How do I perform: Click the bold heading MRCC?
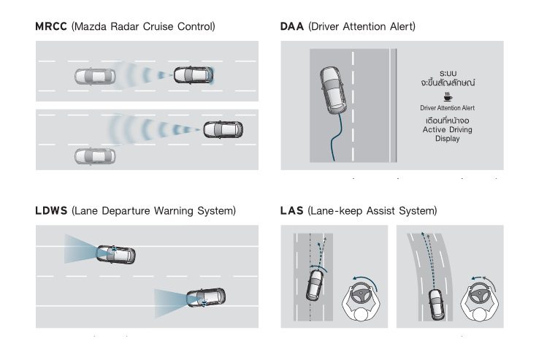click(x=51, y=27)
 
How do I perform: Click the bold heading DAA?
click(x=292, y=27)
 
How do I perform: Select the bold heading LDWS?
click(x=51, y=210)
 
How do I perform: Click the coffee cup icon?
click(x=447, y=96)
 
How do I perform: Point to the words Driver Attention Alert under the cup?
click(x=447, y=107)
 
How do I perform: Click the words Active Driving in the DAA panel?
click(x=447, y=129)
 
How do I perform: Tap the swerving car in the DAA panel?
click(x=334, y=89)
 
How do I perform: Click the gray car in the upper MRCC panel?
click(x=95, y=75)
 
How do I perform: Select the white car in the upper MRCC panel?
click(x=193, y=74)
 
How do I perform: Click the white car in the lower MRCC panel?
click(x=223, y=129)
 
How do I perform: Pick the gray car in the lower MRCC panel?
click(x=95, y=156)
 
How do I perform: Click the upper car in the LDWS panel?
click(x=116, y=253)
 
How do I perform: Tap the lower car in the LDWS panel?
click(x=206, y=297)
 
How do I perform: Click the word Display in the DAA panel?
click(x=447, y=139)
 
